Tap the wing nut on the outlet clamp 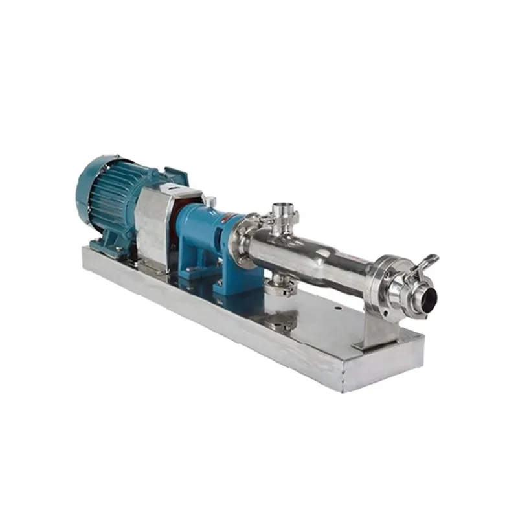pos(428,262)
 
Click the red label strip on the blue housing pos(227,221)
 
